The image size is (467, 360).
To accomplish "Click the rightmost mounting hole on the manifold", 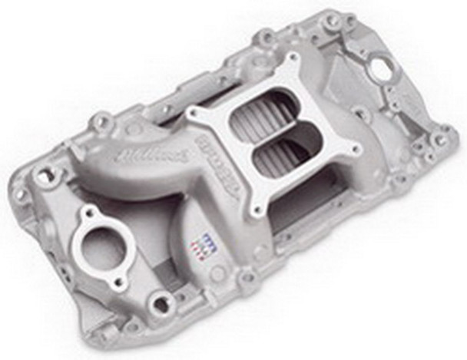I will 439,140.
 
